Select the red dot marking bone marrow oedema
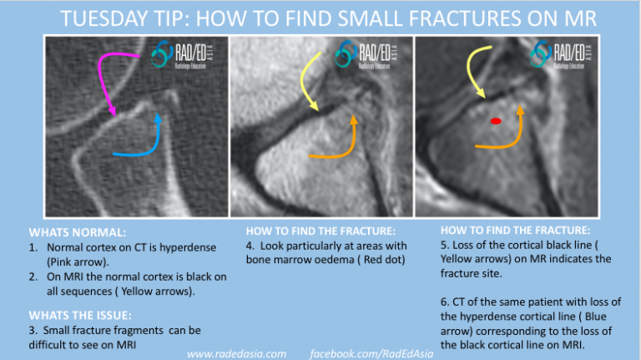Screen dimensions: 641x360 point(496,121)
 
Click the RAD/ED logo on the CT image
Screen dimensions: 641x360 point(182,55)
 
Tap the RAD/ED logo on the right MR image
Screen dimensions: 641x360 point(561,54)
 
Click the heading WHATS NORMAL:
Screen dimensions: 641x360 point(78,232)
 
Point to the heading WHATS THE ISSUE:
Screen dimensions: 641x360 point(80,316)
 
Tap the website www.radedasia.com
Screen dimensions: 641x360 point(237,354)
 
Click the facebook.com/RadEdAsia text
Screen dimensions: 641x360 point(371,354)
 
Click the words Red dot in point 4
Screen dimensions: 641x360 point(382,260)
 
